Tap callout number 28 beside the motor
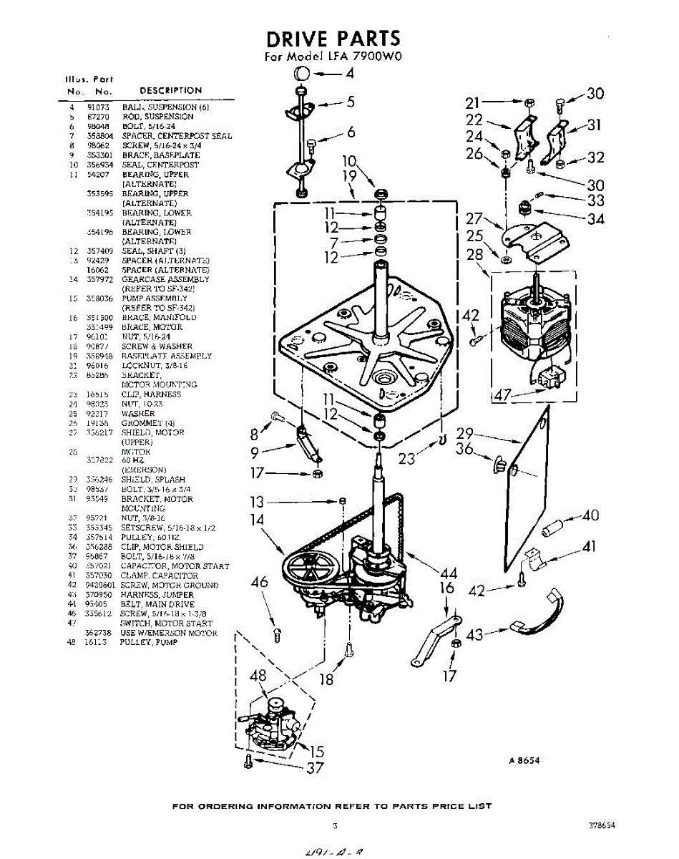tap(476, 256)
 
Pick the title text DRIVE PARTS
tap(333, 39)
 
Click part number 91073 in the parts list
tap(97, 107)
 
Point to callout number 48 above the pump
tap(258, 676)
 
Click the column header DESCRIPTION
tap(170, 90)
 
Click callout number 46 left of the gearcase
tap(260, 583)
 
